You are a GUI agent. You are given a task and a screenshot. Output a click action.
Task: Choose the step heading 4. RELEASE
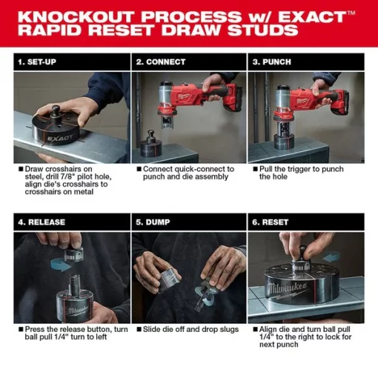42,222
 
